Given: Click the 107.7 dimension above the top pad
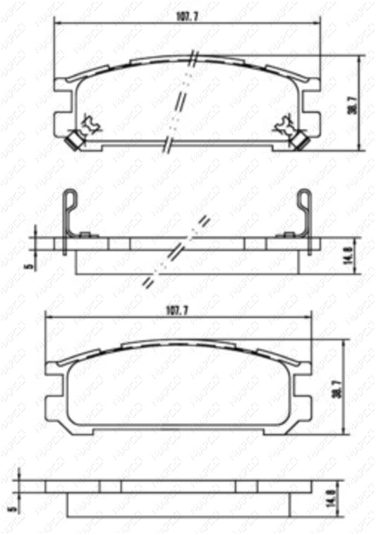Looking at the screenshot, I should click(x=187, y=16).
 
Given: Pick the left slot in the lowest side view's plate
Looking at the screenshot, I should click(x=110, y=486).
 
